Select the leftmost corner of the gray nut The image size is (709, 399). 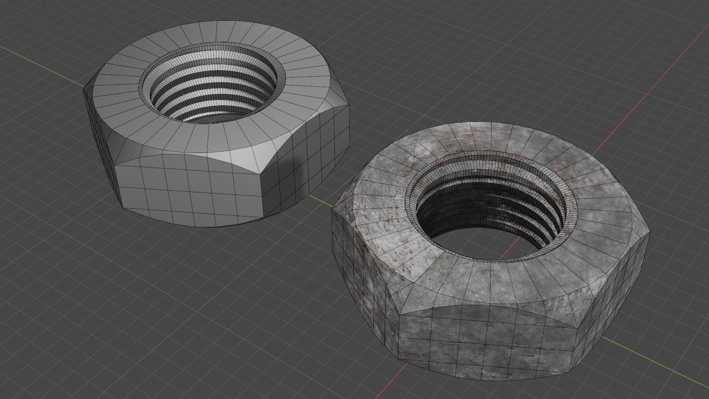[84, 89]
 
